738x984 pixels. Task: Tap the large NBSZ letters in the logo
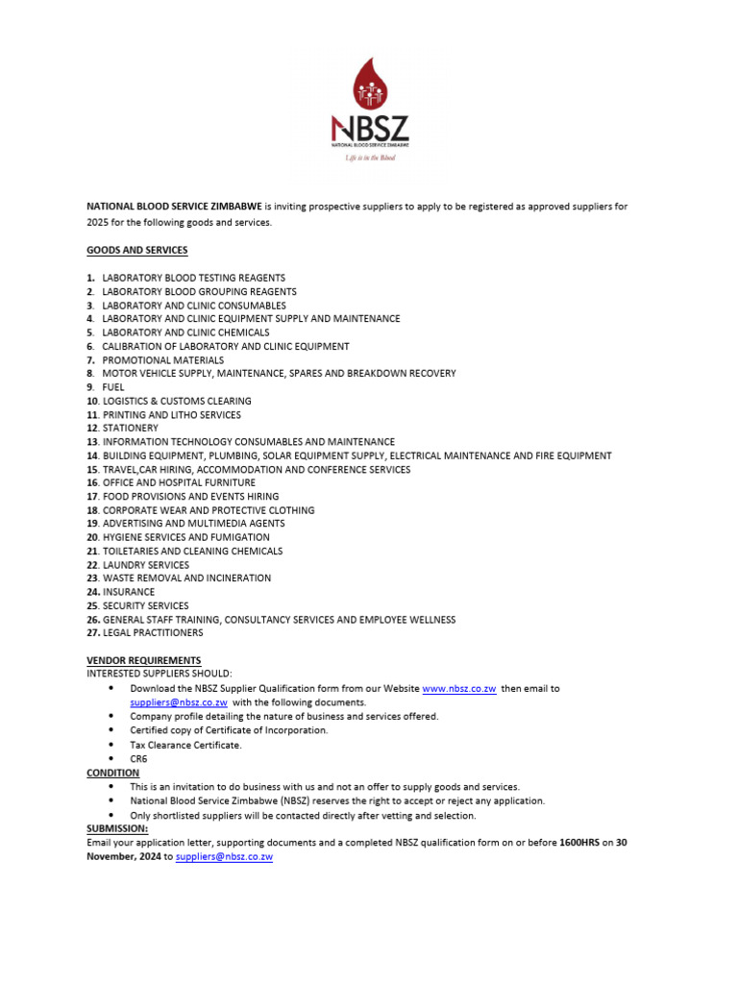[369, 128]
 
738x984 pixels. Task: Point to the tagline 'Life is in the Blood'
[370, 159]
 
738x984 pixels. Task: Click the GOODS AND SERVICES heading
[137, 251]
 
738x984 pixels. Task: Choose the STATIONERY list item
[131, 428]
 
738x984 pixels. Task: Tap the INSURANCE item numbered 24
[128, 592]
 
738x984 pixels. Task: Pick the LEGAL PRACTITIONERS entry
[153, 633]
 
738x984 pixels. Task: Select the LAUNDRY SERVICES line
[146, 565]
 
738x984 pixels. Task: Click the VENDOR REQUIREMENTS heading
[144, 660]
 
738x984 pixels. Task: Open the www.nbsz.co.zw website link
[458, 689]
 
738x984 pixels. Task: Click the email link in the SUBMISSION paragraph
[225, 856]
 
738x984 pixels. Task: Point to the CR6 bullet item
[139, 758]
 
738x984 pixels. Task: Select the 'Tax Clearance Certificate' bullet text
[186, 745]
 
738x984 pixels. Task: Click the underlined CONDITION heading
[112, 773]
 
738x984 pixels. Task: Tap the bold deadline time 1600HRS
[579, 843]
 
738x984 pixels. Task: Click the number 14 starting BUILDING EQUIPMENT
[93, 455]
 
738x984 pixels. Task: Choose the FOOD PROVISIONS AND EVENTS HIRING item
[190, 497]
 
